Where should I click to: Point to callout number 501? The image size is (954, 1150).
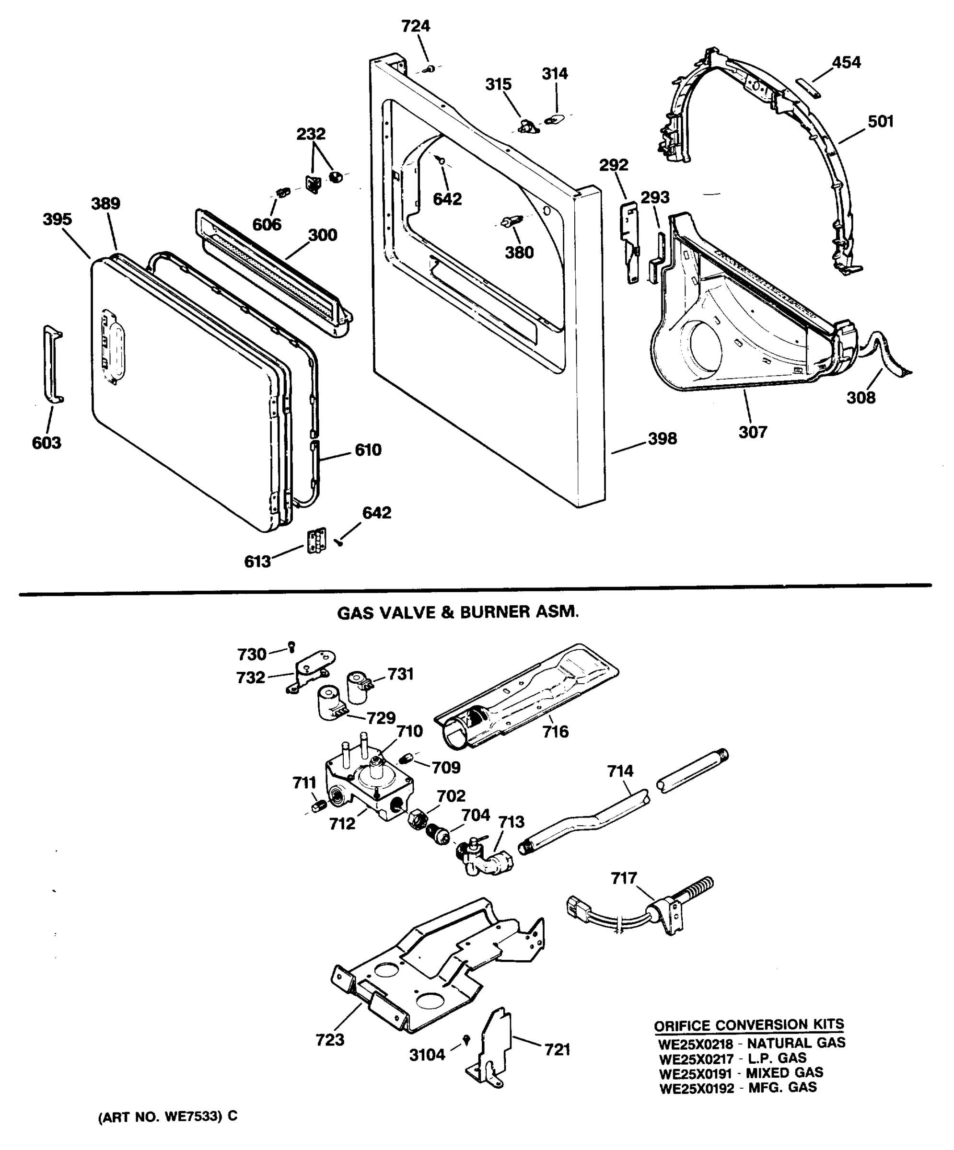pos(880,122)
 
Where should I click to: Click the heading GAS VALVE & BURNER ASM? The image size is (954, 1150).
pos(457,612)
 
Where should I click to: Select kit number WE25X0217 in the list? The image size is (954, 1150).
pos(695,1058)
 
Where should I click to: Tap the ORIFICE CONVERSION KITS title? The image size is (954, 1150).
pos(748,1024)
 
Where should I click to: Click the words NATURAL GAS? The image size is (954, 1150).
pos(796,1043)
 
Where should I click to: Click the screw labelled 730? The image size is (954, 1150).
pos(292,646)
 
